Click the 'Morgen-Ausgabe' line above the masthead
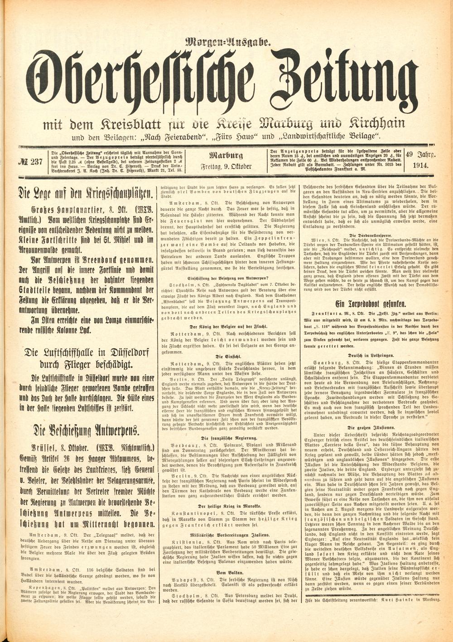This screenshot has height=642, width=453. [x=228, y=44]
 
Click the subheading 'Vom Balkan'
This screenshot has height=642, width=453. [x=228, y=572]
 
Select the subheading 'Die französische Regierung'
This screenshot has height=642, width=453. [x=228, y=437]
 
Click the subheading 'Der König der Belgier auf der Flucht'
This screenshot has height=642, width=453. [x=228, y=326]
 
